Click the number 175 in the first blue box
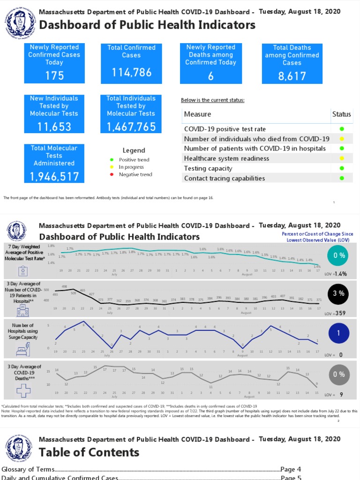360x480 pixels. click(54, 75)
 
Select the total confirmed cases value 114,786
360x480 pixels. click(131, 72)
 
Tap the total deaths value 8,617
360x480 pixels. click(292, 76)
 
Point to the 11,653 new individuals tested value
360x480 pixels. click(54, 127)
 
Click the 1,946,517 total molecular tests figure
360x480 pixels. click(54, 176)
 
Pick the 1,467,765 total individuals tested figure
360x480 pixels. click(131, 127)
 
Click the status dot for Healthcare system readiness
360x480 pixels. click(342, 158)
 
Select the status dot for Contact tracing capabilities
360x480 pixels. click(342, 178)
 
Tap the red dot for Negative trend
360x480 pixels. click(111, 174)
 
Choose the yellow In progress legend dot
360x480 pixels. click(111, 167)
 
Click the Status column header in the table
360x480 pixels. click(341, 114)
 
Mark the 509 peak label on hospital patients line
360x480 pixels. click(73, 293)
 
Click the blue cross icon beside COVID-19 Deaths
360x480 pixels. click(23, 390)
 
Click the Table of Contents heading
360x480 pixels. click(89, 452)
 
